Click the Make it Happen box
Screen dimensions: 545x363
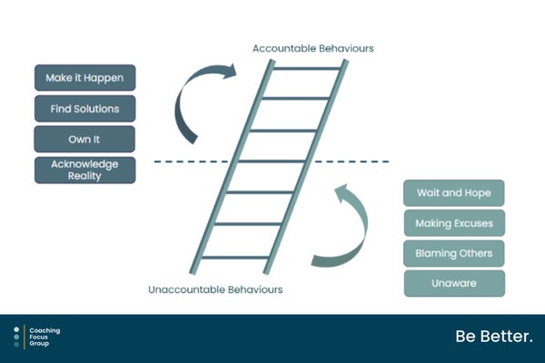tap(85, 78)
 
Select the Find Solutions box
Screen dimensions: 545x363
tap(85, 109)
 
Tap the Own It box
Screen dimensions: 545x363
tap(84, 139)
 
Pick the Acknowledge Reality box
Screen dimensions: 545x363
tap(85, 171)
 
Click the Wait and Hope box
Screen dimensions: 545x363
tap(454, 192)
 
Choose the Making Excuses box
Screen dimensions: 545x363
tap(454, 223)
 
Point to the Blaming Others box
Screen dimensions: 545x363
tap(454, 253)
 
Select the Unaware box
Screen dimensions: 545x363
tap(454, 283)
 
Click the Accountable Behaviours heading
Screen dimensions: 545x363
tap(313, 48)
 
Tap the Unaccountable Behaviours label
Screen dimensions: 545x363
tap(215, 289)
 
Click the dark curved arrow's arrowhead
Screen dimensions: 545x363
tap(230, 72)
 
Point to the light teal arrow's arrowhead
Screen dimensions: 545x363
tap(343, 192)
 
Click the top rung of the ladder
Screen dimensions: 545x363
tap(307, 68)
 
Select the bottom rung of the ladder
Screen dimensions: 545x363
tap(235, 258)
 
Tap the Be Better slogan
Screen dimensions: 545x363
tap(494, 337)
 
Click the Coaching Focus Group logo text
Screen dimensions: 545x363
tap(45, 337)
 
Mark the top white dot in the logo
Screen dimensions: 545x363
tap(16, 329)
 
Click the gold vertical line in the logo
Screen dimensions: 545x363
tap(25, 337)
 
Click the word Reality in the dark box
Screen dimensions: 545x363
tap(84, 176)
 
